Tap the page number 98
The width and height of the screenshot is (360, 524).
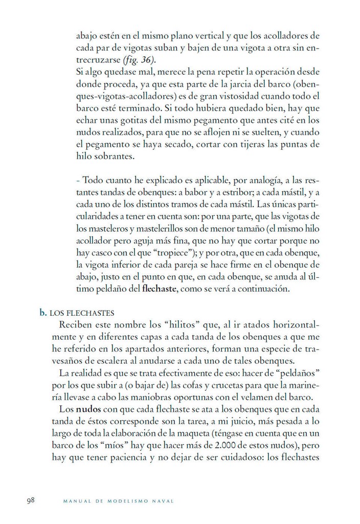(x=31, y=500)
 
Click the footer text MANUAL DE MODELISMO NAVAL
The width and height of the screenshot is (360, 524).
(x=118, y=501)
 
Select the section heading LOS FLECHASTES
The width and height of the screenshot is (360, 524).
(x=81, y=313)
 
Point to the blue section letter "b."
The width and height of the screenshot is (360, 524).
(x=43, y=312)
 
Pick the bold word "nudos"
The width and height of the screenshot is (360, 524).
(x=91, y=410)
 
